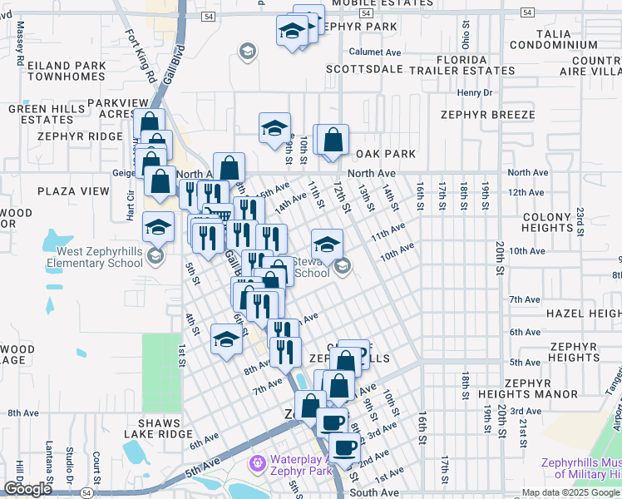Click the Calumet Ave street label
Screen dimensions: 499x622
coord(375,52)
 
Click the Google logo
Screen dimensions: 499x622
coord(27,489)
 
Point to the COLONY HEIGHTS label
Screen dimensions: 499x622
coord(570,222)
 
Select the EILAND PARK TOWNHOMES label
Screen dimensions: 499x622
coord(67,71)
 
